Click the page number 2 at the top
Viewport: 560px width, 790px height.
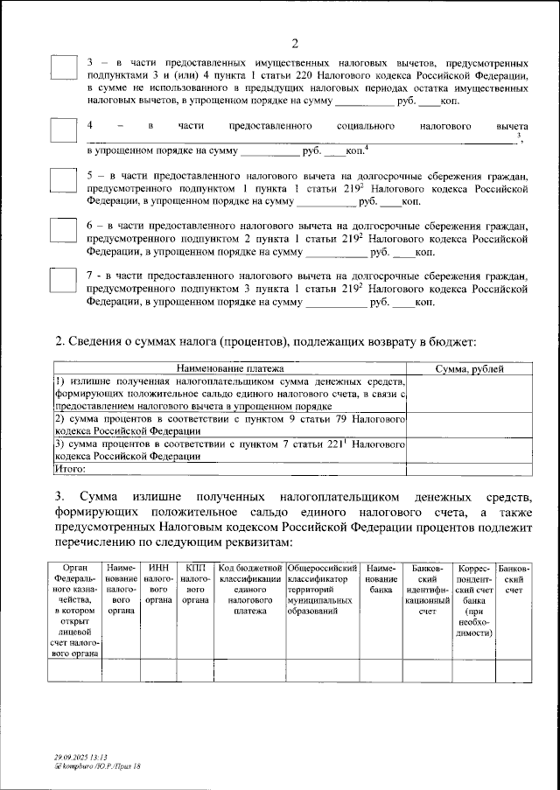point(295,45)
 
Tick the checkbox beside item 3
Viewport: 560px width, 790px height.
point(63,70)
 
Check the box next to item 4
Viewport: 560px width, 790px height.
point(63,129)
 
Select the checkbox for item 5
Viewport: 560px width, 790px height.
point(63,181)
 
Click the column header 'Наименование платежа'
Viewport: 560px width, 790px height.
point(232,370)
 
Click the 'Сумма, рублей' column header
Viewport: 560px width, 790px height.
point(469,370)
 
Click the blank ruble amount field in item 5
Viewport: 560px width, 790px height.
point(328,202)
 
